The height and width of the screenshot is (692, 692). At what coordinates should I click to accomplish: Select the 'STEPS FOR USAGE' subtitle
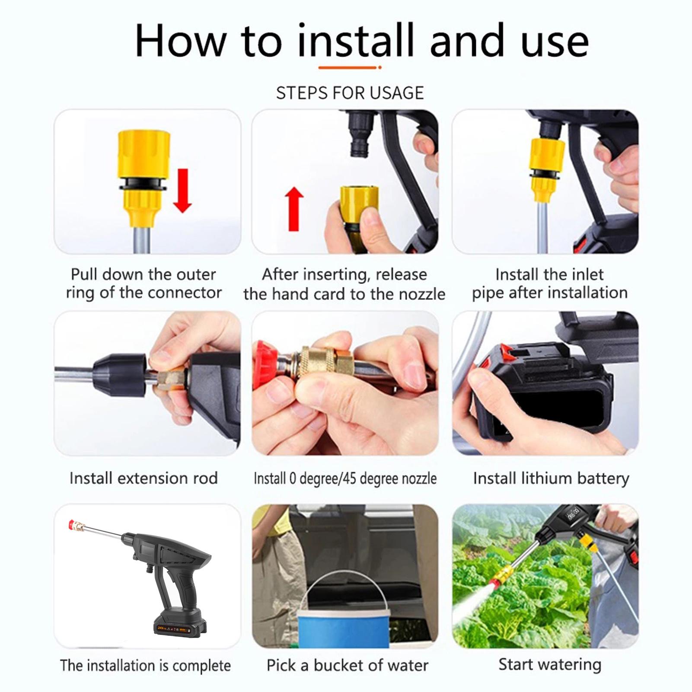coord(350,93)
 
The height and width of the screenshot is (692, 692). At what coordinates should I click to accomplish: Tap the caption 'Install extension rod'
coord(144,478)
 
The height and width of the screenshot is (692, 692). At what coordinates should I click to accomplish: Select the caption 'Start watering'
coord(550,664)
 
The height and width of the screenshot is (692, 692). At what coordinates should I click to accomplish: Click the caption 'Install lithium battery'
coord(551,478)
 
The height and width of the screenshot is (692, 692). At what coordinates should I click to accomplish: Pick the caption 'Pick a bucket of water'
coord(348,665)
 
